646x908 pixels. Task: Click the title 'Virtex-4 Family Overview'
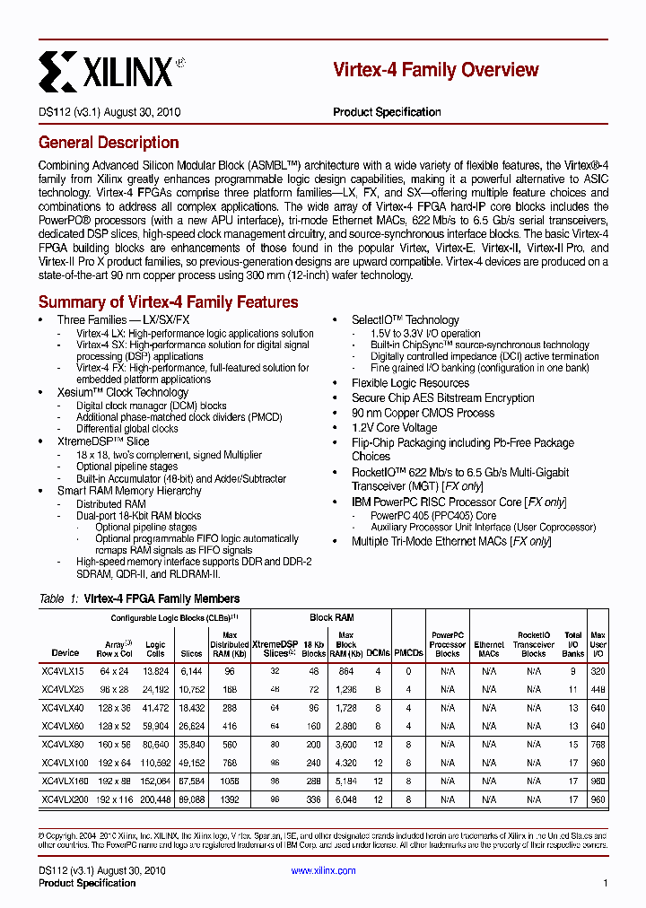click(x=435, y=70)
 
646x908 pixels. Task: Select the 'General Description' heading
click(x=109, y=143)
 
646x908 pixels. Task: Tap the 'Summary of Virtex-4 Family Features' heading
click(x=168, y=302)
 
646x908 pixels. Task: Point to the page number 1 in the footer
click(x=606, y=884)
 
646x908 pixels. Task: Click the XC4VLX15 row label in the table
click(x=63, y=671)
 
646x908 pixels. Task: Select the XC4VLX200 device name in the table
click(x=65, y=799)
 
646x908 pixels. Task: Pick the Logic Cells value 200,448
click(x=155, y=799)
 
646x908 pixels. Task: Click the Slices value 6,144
click(x=191, y=671)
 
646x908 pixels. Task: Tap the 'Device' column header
click(x=65, y=653)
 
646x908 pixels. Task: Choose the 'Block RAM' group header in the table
click(x=332, y=617)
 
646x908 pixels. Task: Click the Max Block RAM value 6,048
click(x=345, y=799)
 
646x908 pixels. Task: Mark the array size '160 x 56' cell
click(x=115, y=744)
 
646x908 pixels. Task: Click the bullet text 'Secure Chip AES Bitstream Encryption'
click(x=442, y=398)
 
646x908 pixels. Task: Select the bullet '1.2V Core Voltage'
click(x=395, y=428)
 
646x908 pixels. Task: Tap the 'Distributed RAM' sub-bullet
click(x=112, y=504)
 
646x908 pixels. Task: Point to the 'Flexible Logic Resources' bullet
click(x=410, y=383)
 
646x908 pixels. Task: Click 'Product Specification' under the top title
click(x=387, y=112)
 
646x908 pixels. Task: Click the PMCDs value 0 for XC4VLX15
click(x=408, y=671)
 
